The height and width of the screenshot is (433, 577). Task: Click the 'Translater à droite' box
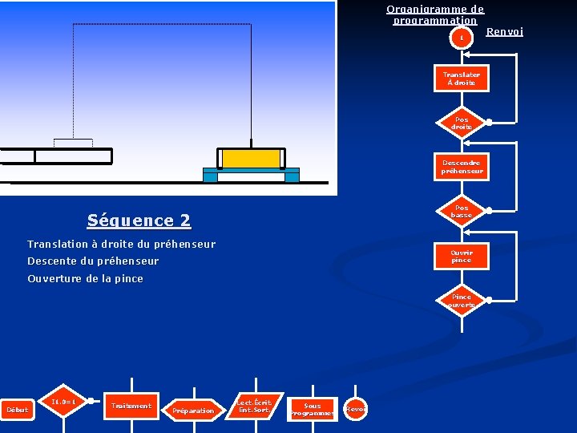point(462,79)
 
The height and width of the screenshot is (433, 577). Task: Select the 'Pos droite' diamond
point(462,123)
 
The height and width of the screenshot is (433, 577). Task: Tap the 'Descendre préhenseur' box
point(462,167)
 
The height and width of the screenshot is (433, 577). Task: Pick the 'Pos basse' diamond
point(462,211)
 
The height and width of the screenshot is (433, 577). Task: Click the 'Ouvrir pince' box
point(462,256)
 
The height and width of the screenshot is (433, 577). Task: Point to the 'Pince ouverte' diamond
point(462,301)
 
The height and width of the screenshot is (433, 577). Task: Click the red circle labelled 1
point(461,38)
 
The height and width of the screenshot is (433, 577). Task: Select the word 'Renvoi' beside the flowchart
point(504,32)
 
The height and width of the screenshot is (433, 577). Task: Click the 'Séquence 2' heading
point(139,221)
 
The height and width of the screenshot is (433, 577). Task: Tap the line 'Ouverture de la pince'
point(85,279)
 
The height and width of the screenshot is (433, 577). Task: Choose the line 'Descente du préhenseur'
point(93,261)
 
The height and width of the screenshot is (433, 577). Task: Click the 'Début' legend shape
point(17,410)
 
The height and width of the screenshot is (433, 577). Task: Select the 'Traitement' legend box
point(131,406)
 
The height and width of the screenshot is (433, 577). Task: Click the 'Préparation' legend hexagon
point(193,411)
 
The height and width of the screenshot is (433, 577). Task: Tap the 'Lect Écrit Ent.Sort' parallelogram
point(254,407)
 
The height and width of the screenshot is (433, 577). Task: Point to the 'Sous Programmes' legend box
point(312,409)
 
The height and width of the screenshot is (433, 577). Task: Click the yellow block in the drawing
point(251,158)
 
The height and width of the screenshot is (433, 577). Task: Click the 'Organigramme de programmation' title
point(435,14)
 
